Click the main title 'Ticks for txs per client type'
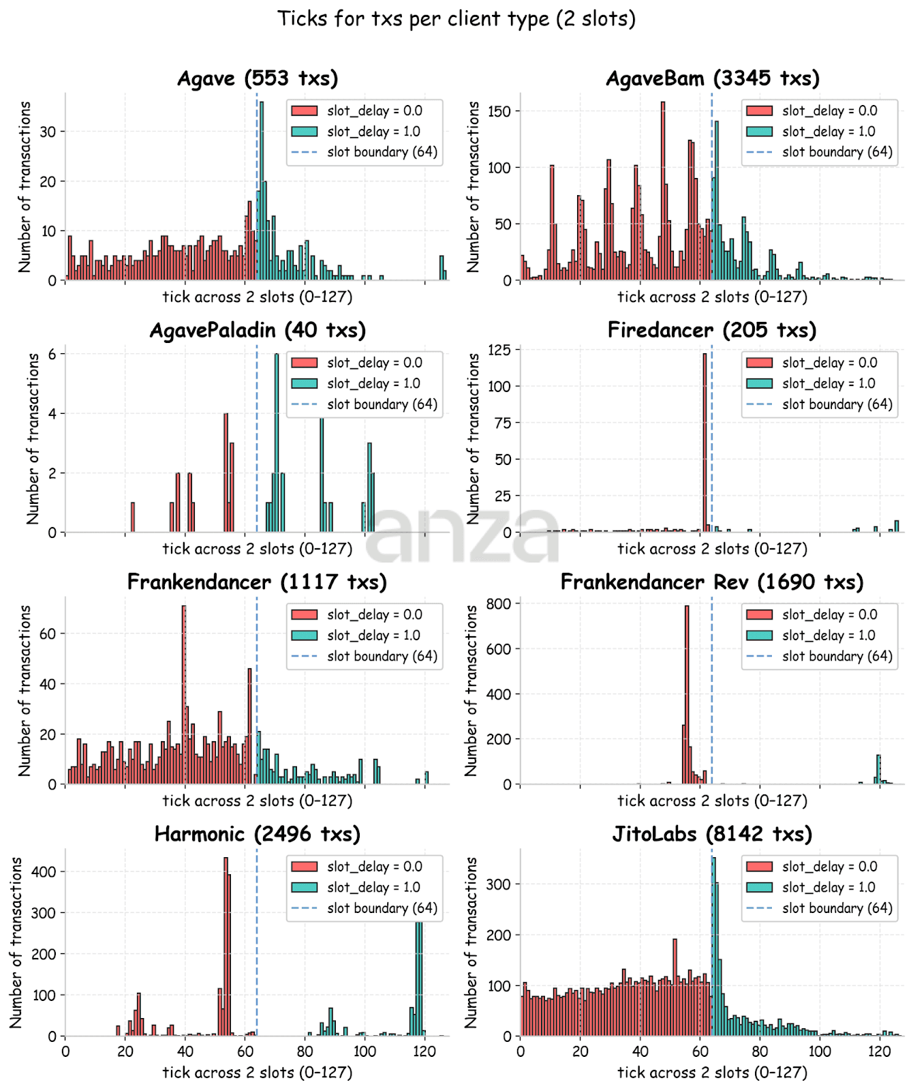(x=456, y=18)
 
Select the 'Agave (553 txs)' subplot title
(x=258, y=78)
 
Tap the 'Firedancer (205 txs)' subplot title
(x=712, y=330)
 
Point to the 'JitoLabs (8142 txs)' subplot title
(x=712, y=834)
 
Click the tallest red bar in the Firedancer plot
(x=705, y=443)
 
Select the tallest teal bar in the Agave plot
(x=262, y=191)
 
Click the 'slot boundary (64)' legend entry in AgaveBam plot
(x=837, y=152)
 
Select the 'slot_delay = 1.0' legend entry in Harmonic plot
(x=373, y=887)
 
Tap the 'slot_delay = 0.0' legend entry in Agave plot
(x=374, y=110)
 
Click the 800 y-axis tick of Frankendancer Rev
(x=498, y=603)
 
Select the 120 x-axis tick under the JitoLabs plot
(x=879, y=1051)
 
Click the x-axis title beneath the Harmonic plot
(x=258, y=1073)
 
